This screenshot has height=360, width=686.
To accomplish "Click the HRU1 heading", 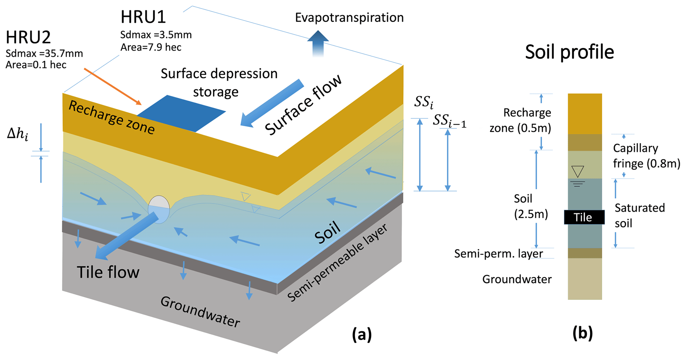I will (x=143, y=17).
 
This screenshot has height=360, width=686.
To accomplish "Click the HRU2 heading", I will (x=28, y=37).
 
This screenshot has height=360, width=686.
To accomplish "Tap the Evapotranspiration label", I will (x=349, y=18).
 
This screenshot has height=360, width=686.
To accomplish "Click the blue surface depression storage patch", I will (x=181, y=113).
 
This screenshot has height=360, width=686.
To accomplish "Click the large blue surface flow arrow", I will (x=272, y=103).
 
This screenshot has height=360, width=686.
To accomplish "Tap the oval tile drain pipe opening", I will (x=159, y=209).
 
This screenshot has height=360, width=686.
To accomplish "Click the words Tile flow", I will (x=108, y=272).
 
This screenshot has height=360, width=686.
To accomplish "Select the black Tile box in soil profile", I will (x=584, y=217).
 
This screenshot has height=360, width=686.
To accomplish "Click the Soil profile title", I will (x=570, y=52).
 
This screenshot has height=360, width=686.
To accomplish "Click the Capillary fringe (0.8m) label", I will (x=646, y=156).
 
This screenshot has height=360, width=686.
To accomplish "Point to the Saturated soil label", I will (x=639, y=216).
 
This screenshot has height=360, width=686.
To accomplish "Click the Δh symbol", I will (x=18, y=134).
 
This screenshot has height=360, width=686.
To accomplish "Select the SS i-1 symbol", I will (x=449, y=121).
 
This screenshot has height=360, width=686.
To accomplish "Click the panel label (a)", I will (x=362, y=334).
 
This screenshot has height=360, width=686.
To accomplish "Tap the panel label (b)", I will (x=582, y=333).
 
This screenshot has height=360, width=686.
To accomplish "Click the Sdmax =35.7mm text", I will (x=44, y=53).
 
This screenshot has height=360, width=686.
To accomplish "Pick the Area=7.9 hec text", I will (x=151, y=47).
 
